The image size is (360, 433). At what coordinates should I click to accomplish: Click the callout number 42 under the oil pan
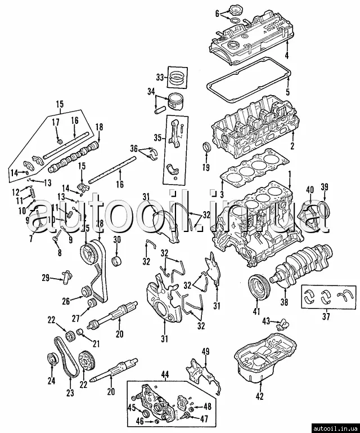click(x=259, y=396)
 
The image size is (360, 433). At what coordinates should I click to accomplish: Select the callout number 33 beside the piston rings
click(x=160, y=77)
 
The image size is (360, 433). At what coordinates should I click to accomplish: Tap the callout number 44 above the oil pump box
click(x=165, y=374)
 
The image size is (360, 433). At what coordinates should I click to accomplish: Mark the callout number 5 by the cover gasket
click(x=288, y=92)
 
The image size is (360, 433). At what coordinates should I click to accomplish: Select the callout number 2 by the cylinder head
click(x=292, y=146)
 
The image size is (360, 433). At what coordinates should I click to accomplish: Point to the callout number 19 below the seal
click(x=206, y=168)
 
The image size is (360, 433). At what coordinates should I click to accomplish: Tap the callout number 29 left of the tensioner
click(x=46, y=278)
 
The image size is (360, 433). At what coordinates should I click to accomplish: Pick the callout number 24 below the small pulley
click(x=51, y=381)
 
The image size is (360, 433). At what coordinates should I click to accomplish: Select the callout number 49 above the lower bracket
click(x=206, y=352)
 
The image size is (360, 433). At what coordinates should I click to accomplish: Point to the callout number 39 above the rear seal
click(x=325, y=188)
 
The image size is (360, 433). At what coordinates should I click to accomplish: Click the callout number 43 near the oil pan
click(x=266, y=321)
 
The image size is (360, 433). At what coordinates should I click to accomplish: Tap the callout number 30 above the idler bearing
click(x=117, y=239)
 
